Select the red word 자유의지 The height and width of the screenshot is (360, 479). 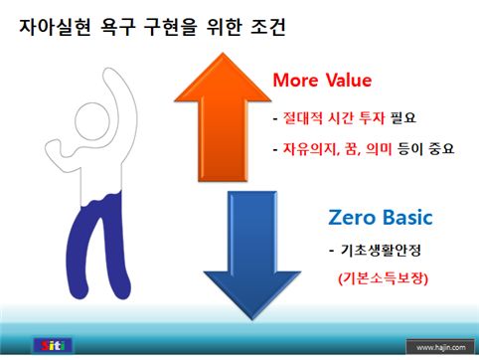click(307, 150)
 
